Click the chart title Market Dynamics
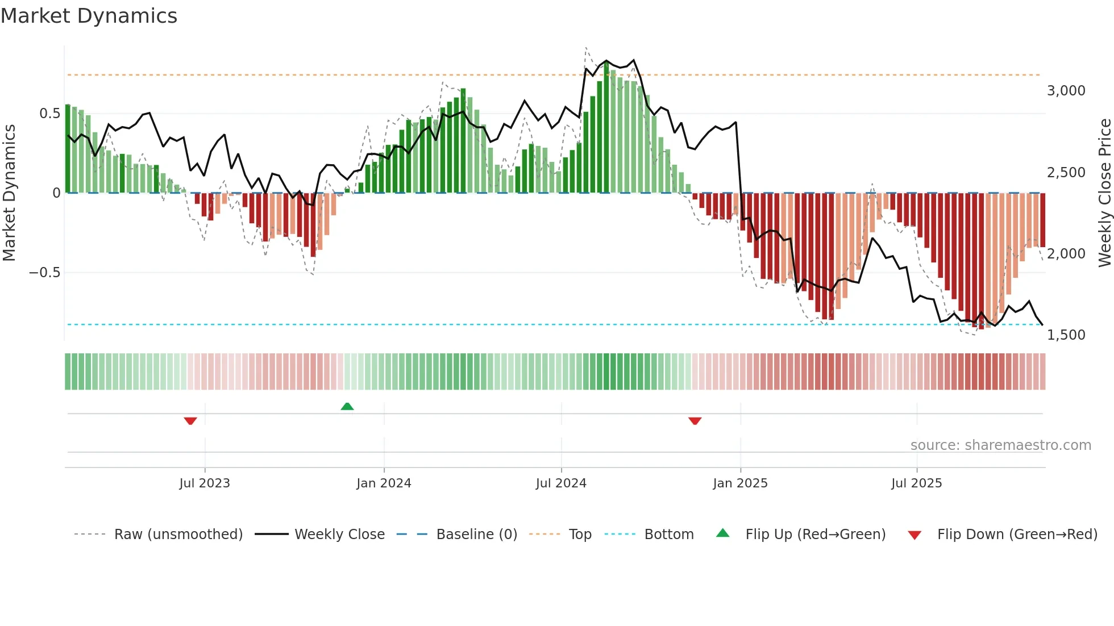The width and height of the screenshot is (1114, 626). pyautogui.click(x=89, y=16)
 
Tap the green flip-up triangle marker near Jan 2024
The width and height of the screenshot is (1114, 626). pyautogui.click(x=347, y=406)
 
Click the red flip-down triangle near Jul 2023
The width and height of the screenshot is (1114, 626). pyautogui.click(x=190, y=421)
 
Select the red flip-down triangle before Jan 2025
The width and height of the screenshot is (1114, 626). pyautogui.click(x=695, y=421)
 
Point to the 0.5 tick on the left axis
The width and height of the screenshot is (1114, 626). pyautogui.click(x=50, y=114)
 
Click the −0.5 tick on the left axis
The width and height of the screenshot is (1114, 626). pyautogui.click(x=45, y=273)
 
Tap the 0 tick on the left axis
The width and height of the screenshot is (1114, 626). pyautogui.click(x=56, y=193)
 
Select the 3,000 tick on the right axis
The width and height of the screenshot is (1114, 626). pyautogui.click(x=1066, y=91)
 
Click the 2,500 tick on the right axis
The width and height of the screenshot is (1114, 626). pyautogui.click(x=1066, y=172)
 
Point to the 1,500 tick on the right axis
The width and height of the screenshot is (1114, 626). pyautogui.click(x=1066, y=335)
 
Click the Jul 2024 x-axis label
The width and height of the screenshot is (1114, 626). pyautogui.click(x=561, y=483)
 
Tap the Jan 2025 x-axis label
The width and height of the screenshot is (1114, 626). pyautogui.click(x=740, y=483)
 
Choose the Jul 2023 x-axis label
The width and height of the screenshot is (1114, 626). pyautogui.click(x=205, y=483)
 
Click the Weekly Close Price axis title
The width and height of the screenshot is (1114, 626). pyautogui.click(x=1104, y=193)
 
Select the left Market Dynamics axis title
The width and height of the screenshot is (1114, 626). pyautogui.click(x=9, y=193)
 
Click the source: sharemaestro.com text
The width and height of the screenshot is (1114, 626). pyautogui.click(x=1000, y=445)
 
